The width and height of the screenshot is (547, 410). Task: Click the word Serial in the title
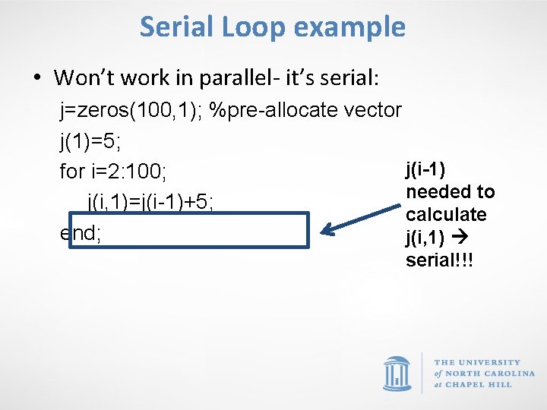click(175, 27)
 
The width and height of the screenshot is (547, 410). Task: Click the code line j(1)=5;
click(87, 140)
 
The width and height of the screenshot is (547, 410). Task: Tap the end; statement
click(81, 233)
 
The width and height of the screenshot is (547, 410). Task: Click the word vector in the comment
click(372, 110)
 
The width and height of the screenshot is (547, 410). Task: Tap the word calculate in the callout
click(446, 214)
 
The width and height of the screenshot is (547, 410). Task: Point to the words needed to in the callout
click(450, 191)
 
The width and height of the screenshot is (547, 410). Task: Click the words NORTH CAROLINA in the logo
click(489, 374)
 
